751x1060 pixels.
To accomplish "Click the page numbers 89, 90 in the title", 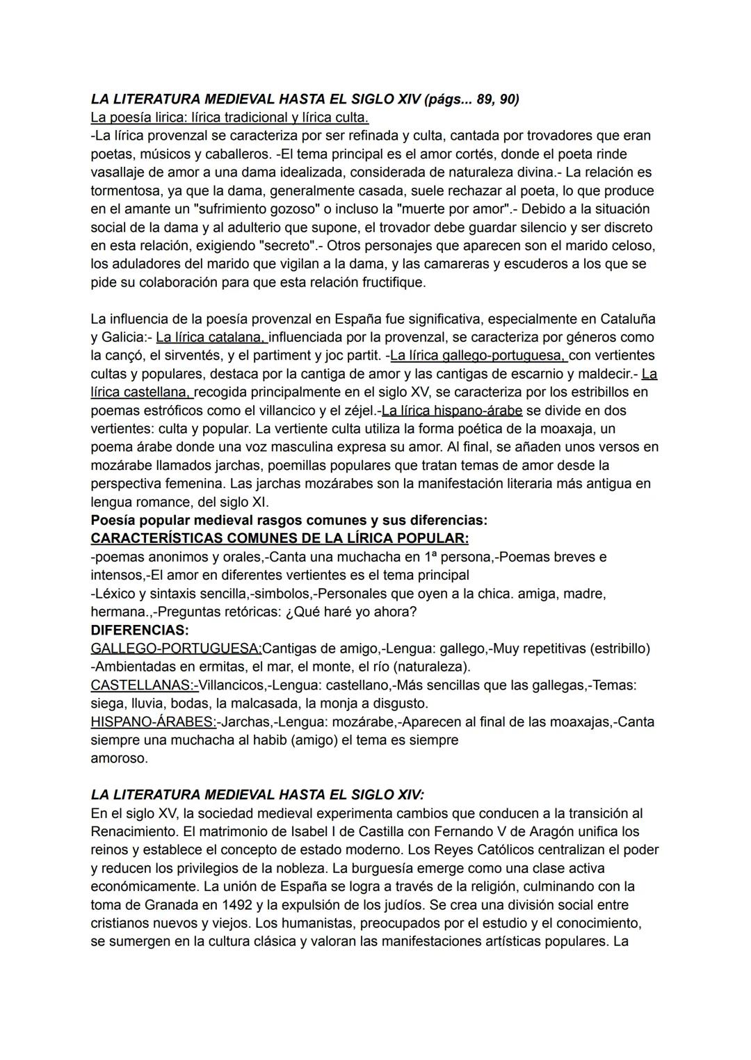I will [x=496, y=99].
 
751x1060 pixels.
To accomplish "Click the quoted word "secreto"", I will [x=286, y=245].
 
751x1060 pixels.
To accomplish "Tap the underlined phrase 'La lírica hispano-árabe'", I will [x=452, y=410].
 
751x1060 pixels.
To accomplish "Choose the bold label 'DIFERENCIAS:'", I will [x=140, y=630].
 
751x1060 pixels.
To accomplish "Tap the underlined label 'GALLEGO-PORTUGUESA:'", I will [x=176, y=649].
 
